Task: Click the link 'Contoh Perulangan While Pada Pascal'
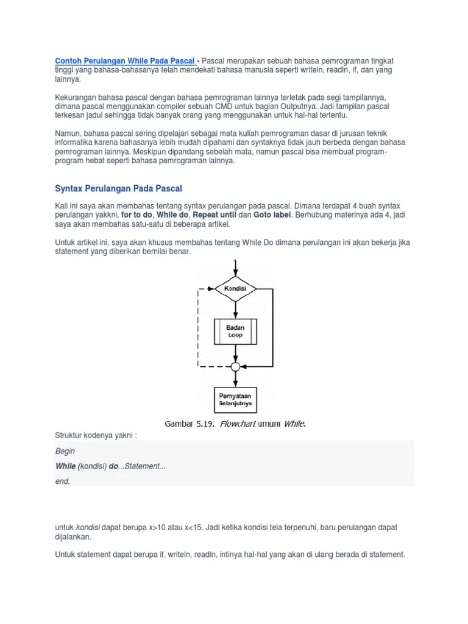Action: [125, 61]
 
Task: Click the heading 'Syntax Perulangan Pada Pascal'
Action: [118, 188]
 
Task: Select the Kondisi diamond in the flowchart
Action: [235, 288]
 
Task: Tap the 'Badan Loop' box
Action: [235, 331]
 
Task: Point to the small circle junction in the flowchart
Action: [235, 367]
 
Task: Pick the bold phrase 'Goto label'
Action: [273, 215]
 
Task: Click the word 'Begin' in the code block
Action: [65, 451]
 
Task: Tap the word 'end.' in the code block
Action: [63, 481]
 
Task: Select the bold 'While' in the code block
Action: [66, 466]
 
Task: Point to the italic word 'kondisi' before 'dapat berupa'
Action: [88, 527]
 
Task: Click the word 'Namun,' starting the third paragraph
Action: [68, 133]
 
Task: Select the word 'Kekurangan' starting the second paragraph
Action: [78, 97]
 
